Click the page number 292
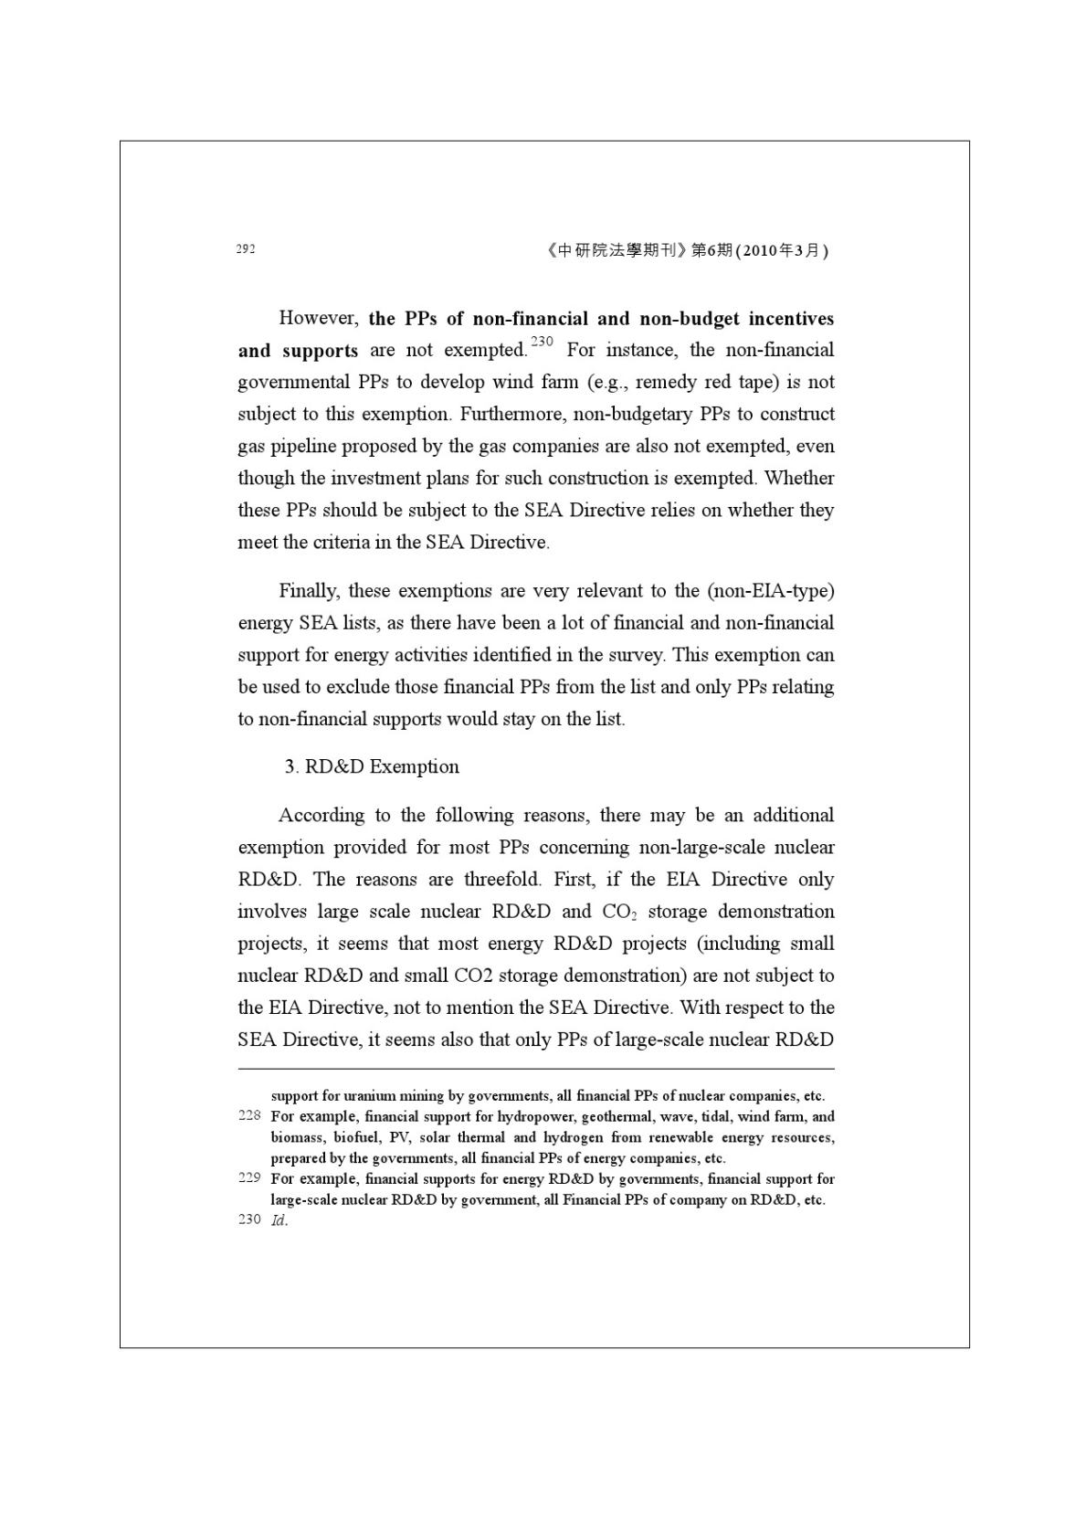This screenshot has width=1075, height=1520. (x=245, y=249)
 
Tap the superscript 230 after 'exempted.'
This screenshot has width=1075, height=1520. (x=542, y=342)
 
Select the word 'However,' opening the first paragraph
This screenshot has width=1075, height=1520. (x=318, y=318)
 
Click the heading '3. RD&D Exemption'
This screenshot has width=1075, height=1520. (x=372, y=766)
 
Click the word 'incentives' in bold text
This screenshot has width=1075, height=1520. (x=790, y=319)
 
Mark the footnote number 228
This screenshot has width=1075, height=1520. (x=249, y=1115)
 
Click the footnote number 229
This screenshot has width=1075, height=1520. (x=249, y=1178)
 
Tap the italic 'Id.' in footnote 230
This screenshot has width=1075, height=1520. (x=279, y=1220)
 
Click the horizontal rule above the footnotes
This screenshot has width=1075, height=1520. (x=536, y=1068)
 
